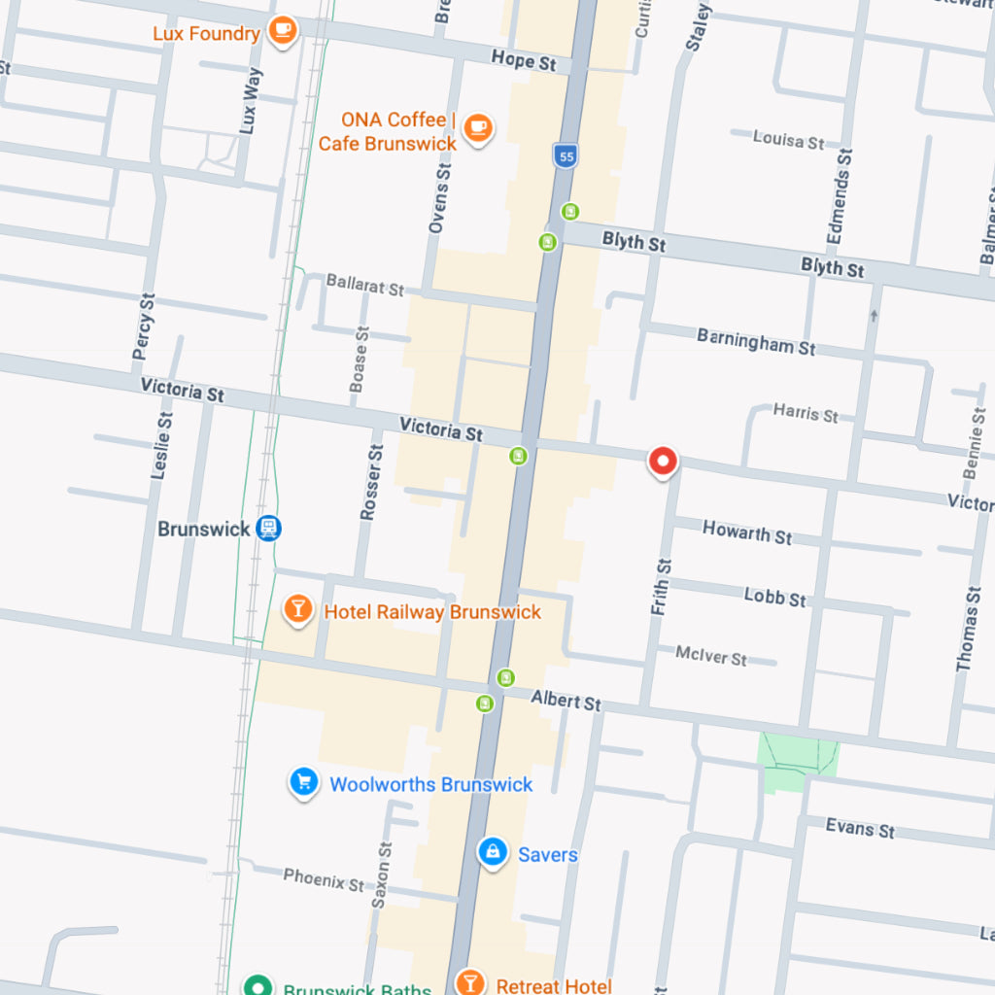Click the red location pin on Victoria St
tap(663, 462)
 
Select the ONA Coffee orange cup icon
tap(477, 128)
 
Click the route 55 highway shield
tap(566, 155)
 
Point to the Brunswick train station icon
tap(269, 529)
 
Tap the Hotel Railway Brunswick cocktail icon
tap(297, 610)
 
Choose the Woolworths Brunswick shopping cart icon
tap(304, 782)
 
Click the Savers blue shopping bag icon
tap(493, 853)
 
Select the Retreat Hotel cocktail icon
tap(469, 982)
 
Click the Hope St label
tap(524, 60)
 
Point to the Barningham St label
tap(756, 341)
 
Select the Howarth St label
tap(747, 532)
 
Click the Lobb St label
tap(775, 597)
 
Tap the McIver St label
tap(711, 656)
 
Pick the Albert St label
tap(566, 701)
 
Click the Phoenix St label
tap(324, 880)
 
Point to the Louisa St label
tap(788, 140)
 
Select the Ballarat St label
tap(364, 286)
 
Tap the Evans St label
tap(860, 828)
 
